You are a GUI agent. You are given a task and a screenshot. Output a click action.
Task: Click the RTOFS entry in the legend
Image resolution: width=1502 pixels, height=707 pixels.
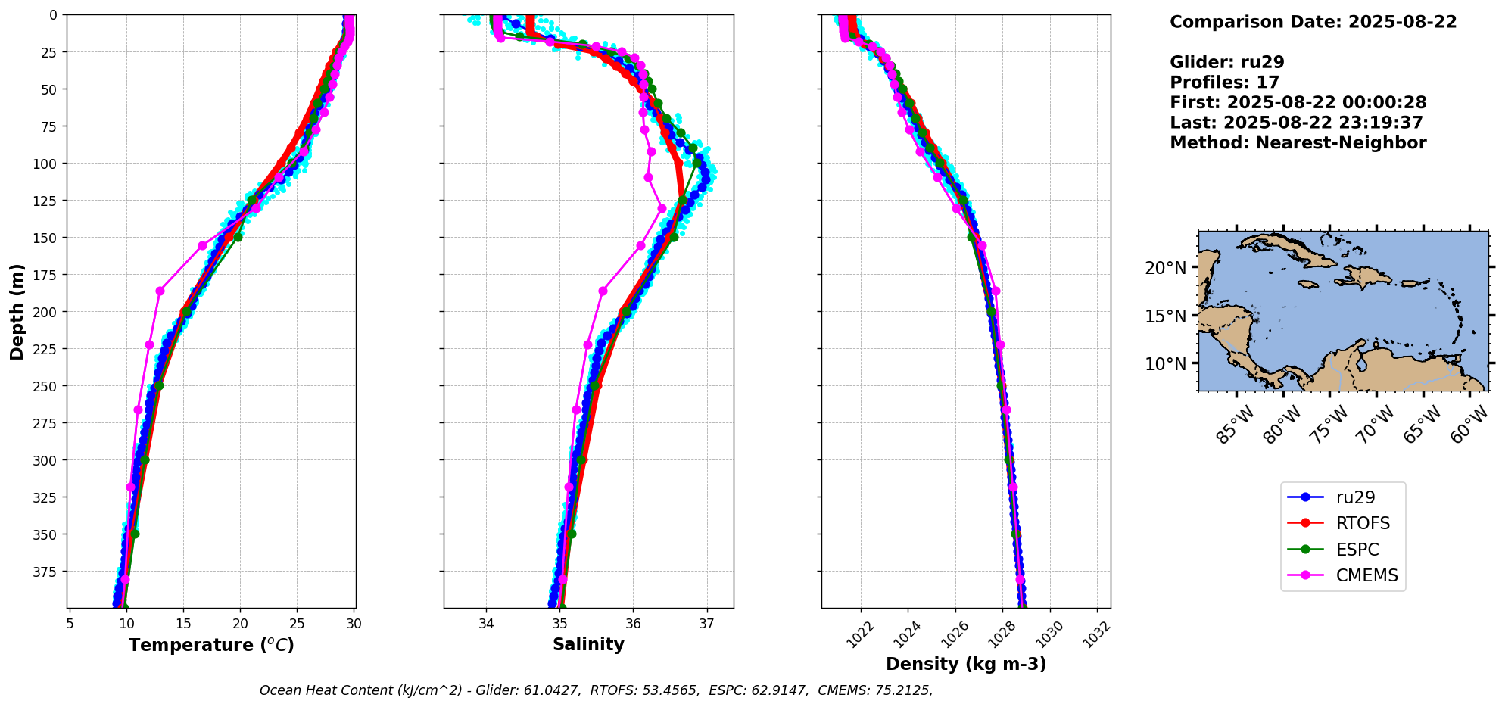(x=1363, y=523)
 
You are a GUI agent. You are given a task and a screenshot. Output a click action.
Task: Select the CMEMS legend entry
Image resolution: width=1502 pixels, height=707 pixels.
(x=1366, y=575)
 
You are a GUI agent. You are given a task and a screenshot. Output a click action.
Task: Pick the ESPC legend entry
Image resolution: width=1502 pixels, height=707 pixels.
(x=1357, y=550)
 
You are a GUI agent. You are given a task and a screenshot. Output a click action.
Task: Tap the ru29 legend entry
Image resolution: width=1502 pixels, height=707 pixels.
(x=1355, y=497)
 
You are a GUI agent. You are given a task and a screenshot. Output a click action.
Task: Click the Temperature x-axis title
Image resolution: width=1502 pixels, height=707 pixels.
(x=211, y=646)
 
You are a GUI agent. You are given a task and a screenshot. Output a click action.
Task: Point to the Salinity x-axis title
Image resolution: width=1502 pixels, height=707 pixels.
(x=588, y=645)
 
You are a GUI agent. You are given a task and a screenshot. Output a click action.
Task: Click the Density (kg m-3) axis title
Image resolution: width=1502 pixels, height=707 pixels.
(x=966, y=664)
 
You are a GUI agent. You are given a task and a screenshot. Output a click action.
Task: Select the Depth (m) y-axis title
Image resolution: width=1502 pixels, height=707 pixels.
(x=17, y=311)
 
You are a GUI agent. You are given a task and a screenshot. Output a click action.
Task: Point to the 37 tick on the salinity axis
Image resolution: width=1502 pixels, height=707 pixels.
(x=706, y=624)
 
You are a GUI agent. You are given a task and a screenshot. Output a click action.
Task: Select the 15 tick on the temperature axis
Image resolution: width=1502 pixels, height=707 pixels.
(x=183, y=624)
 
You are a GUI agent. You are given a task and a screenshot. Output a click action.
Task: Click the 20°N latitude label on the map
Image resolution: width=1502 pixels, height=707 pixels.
(x=1166, y=268)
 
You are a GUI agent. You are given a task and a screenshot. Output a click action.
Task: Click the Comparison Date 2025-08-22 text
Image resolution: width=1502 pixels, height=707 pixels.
(x=1313, y=22)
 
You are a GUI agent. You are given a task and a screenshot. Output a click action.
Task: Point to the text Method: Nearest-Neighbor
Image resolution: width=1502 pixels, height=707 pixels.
(x=1298, y=143)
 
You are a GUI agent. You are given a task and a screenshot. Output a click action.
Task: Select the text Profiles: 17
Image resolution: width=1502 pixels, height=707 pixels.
(x=1224, y=83)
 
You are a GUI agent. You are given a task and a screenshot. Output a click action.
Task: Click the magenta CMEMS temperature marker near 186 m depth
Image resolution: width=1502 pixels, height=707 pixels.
(x=160, y=291)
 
